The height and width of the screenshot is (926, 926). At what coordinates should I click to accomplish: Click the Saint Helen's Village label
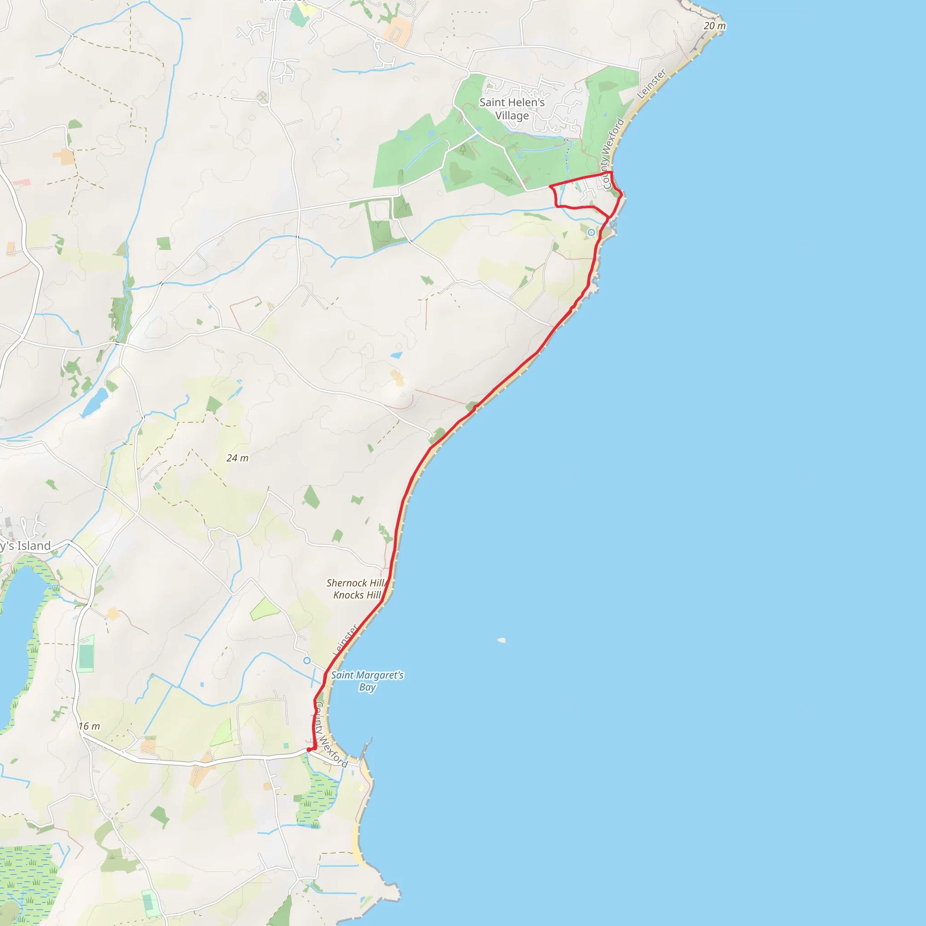[x=512, y=109]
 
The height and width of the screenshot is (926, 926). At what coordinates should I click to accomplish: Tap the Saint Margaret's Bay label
[x=367, y=680]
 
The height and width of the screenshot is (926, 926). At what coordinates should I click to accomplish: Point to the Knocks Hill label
[x=357, y=595]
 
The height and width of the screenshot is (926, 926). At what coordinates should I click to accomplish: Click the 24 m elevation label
[x=237, y=458]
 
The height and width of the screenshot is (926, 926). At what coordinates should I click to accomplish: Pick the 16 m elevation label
[x=89, y=726]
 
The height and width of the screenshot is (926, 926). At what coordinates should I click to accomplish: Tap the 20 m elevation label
[x=714, y=26]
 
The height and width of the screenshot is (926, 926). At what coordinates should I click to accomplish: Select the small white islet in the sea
[x=501, y=640]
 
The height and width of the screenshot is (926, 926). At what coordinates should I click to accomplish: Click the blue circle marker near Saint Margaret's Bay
[x=307, y=661]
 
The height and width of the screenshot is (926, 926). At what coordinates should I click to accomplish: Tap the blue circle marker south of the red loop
[x=591, y=232]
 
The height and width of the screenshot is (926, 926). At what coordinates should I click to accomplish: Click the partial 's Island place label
[x=25, y=545]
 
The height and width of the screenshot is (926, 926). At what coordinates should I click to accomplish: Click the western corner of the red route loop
[x=550, y=185]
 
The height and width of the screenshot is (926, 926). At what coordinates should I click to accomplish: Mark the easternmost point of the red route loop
[x=622, y=194]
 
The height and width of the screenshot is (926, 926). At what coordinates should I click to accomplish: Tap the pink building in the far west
[x=22, y=183]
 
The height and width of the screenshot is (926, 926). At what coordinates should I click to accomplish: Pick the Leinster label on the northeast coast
[x=652, y=84]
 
